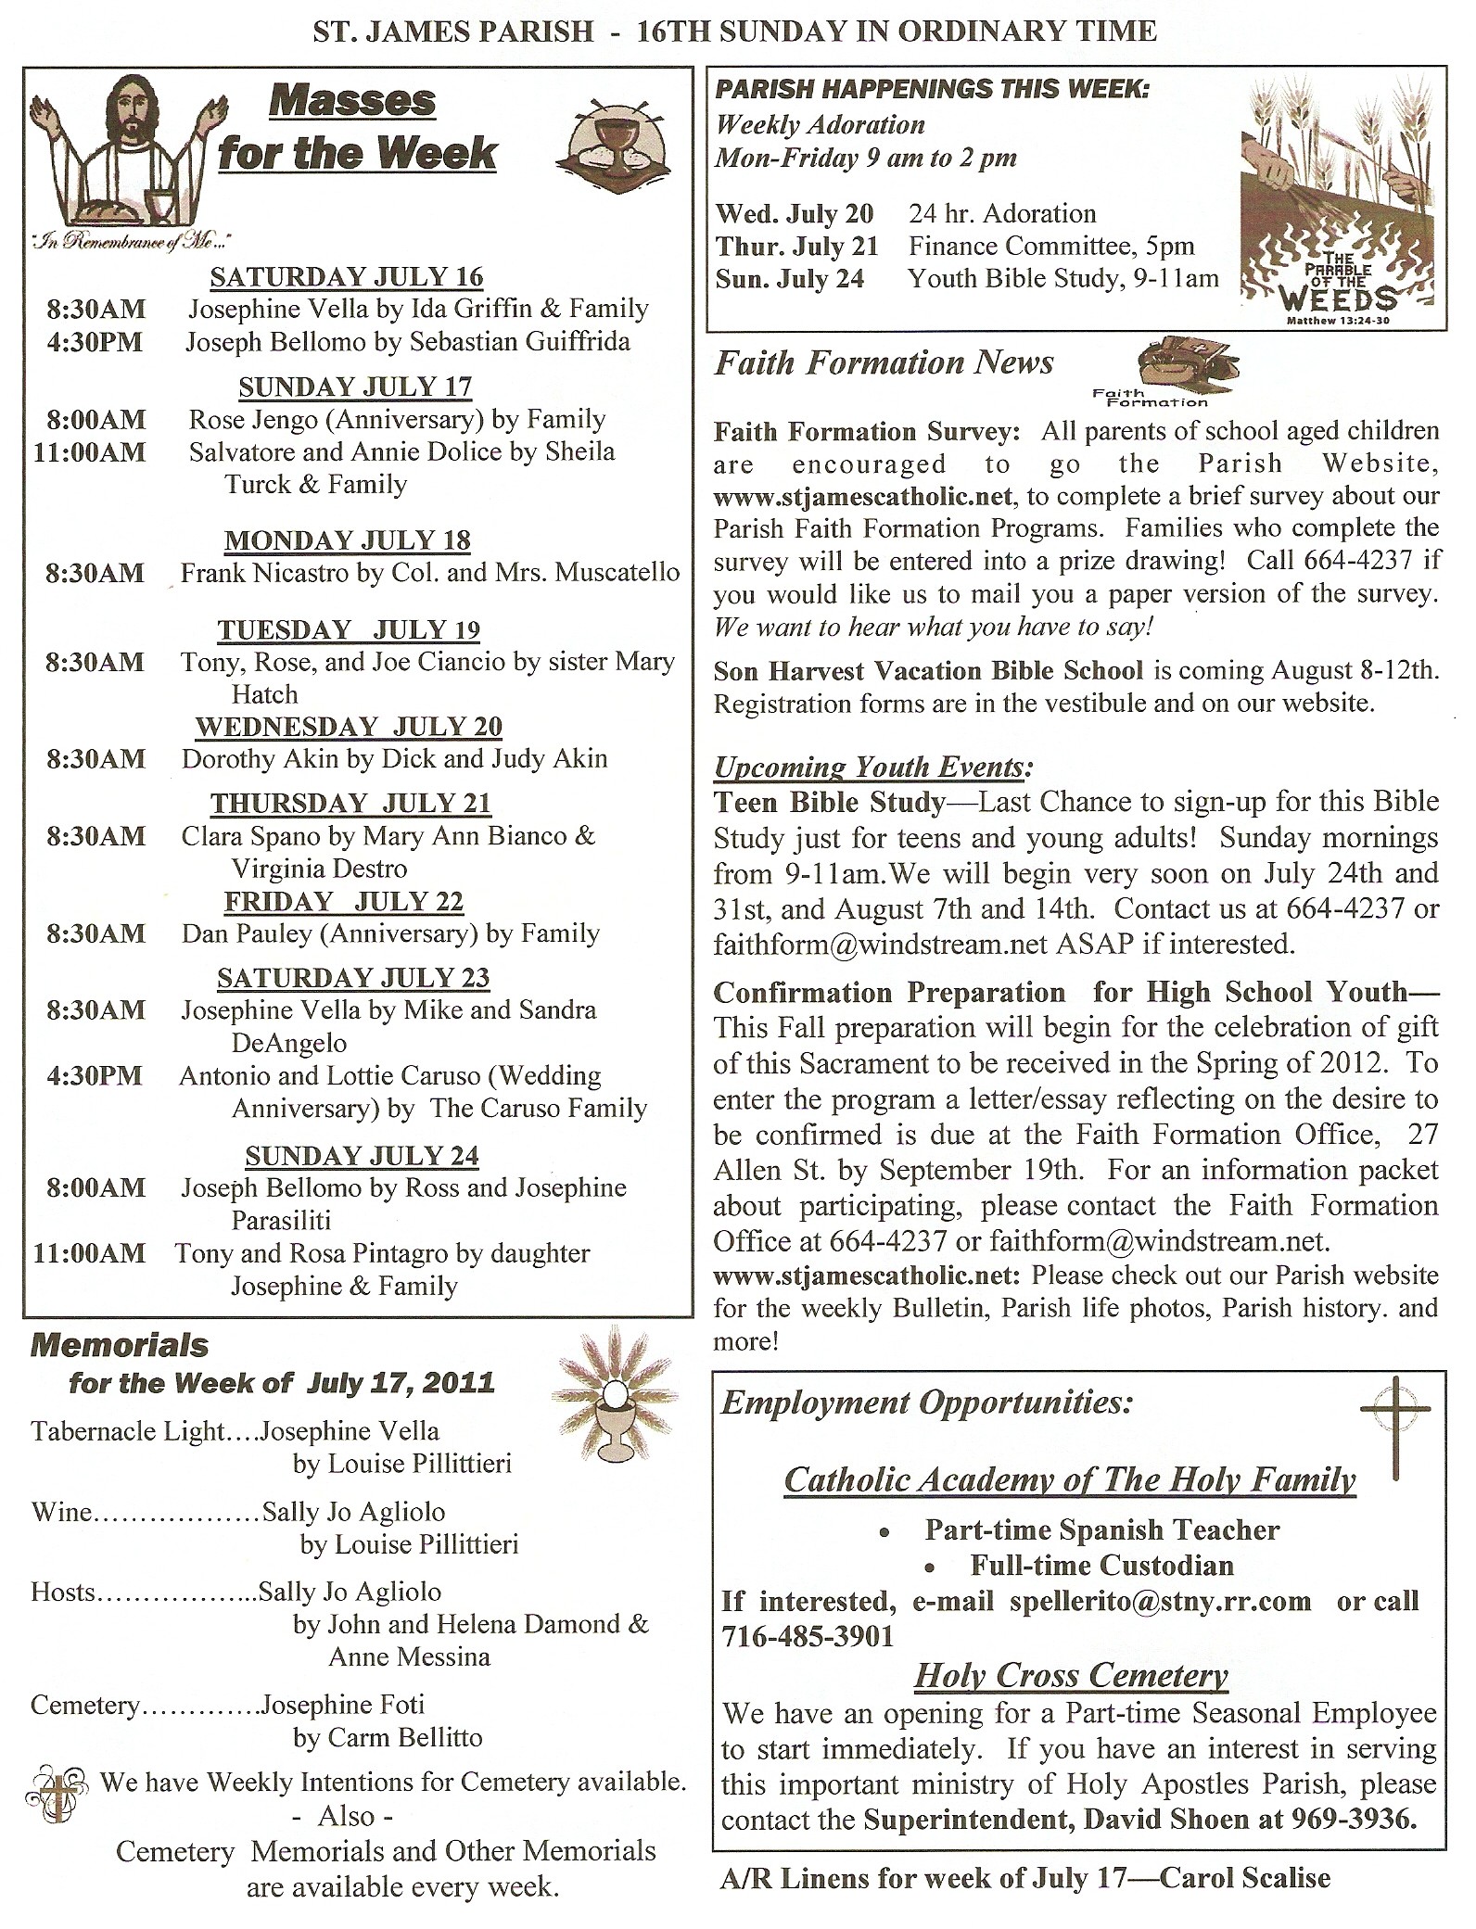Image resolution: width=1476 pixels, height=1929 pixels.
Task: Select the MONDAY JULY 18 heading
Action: coord(348,540)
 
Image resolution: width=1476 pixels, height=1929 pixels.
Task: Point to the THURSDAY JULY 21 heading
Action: coord(350,803)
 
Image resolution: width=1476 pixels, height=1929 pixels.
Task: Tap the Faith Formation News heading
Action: coord(884,362)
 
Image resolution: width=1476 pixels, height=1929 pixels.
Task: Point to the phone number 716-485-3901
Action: coord(807,1636)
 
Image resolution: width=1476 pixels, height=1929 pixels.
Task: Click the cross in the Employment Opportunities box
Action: coord(1394,1428)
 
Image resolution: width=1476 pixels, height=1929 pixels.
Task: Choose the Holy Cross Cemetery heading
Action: coord(1071,1675)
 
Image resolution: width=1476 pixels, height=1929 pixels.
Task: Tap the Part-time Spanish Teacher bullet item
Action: coord(1101,1529)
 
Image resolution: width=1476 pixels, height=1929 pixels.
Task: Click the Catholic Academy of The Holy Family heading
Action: coord(1070,1479)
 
